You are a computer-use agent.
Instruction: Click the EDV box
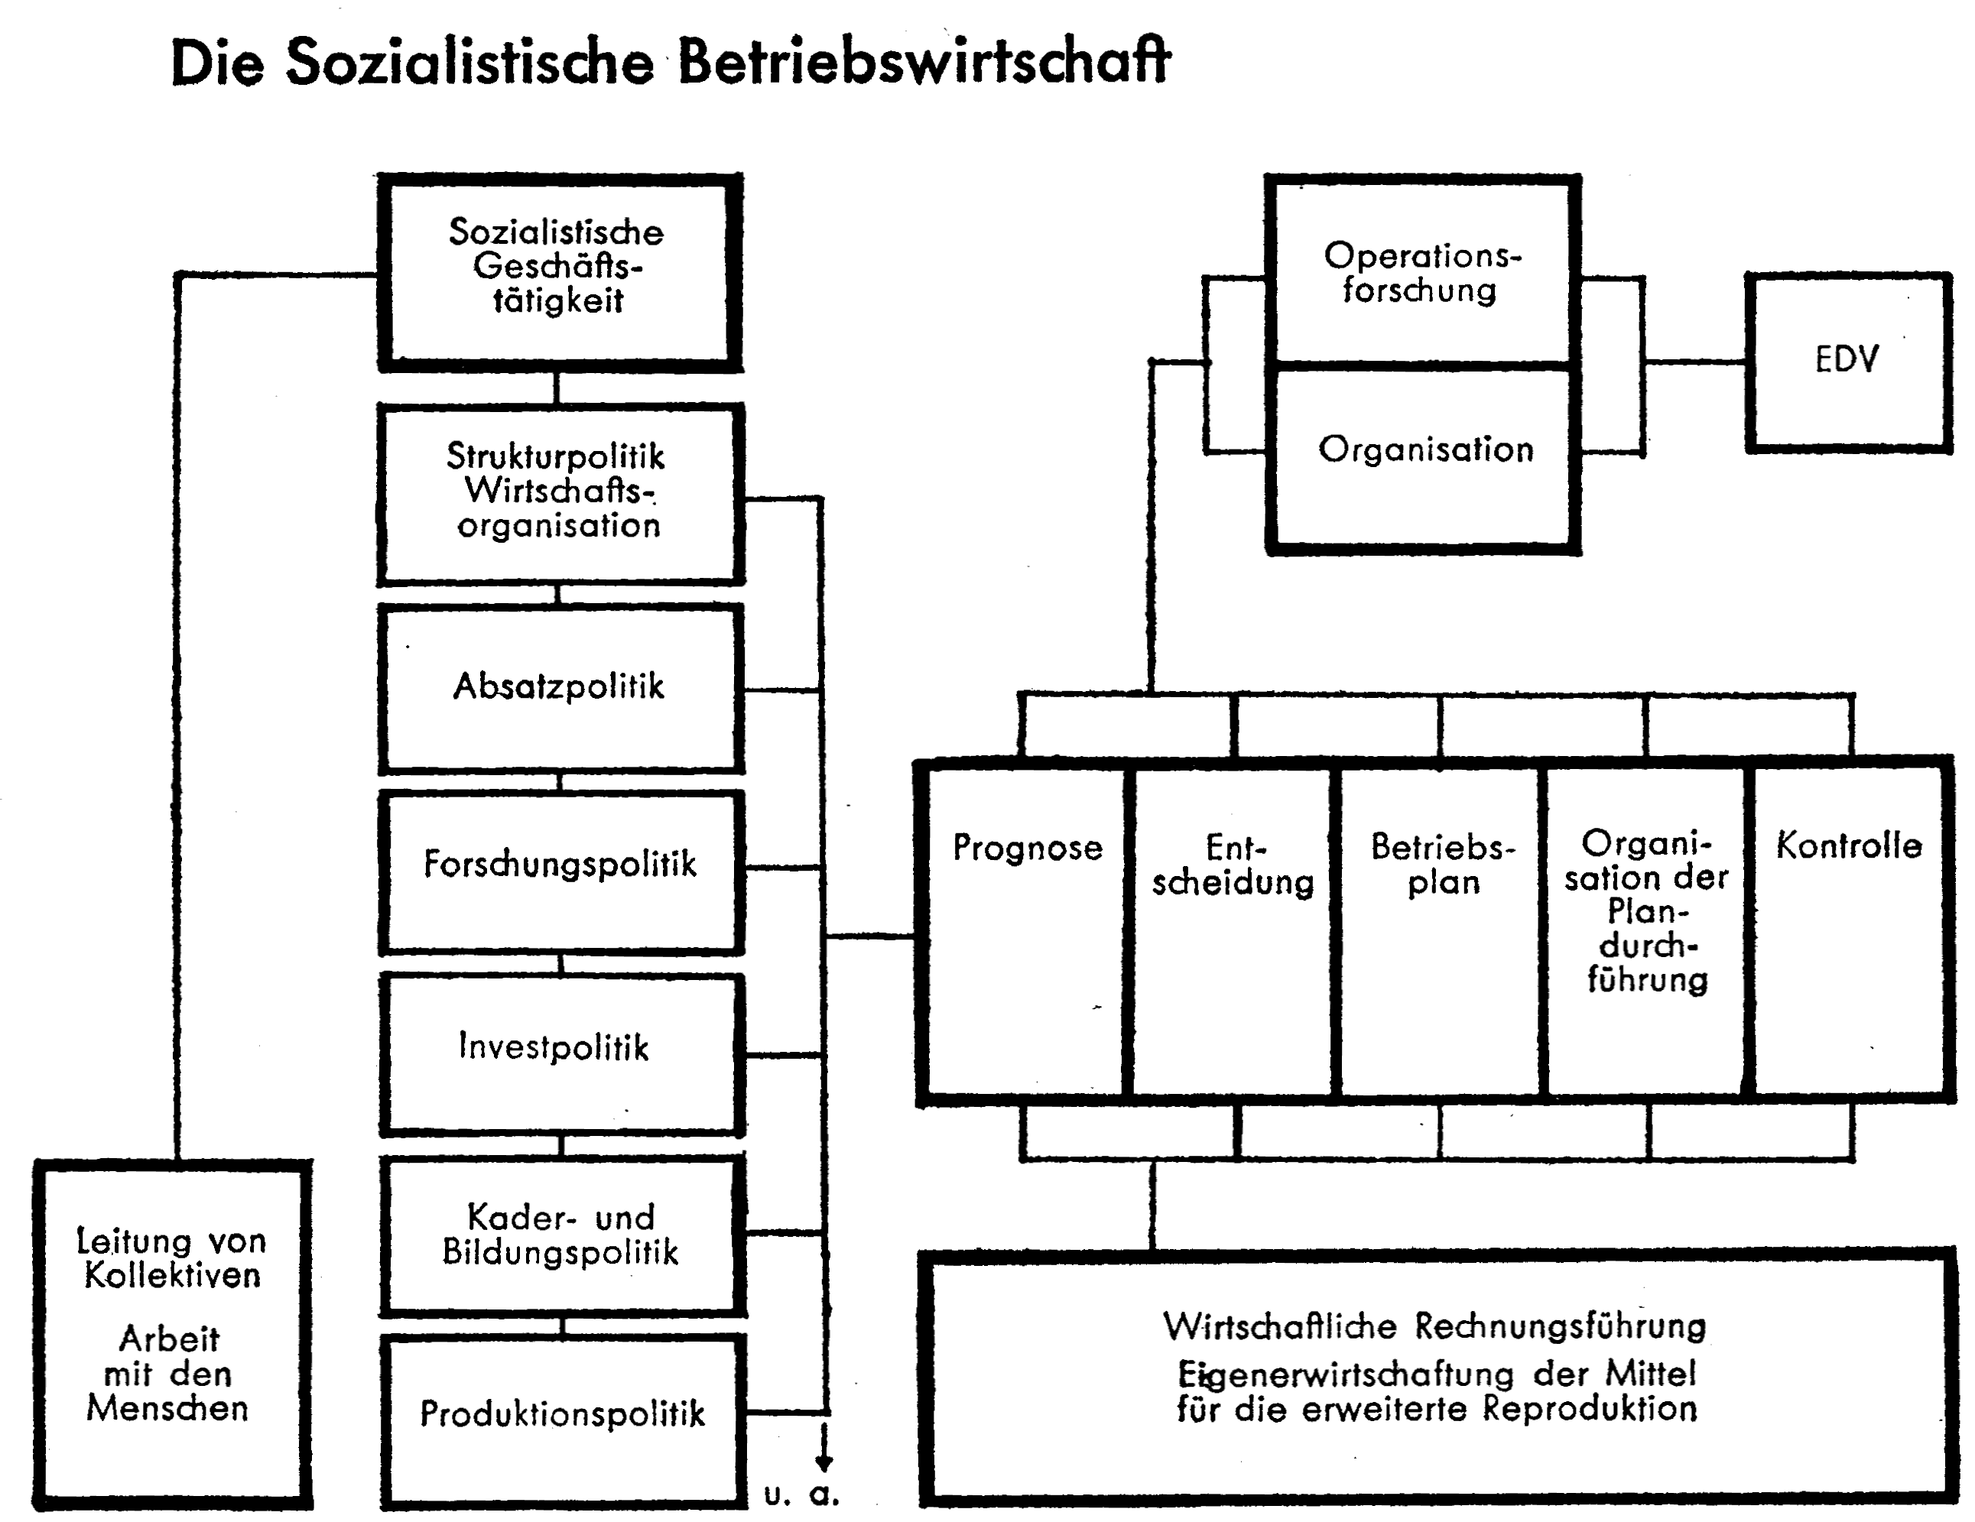click(x=1848, y=362)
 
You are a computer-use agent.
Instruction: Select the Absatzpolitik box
click(x=560, y=688)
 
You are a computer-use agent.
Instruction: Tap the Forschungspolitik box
click(x=560, y=871)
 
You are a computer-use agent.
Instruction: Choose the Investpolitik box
click(x=560, y=1053)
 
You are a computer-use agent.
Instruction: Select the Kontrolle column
click(x=1850, y=931)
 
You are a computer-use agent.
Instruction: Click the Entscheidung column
click(x=1232, y=931)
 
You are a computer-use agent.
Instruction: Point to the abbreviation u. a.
click(x=801, y=1497)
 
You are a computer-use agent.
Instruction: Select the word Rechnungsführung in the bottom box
click(x=1560, y=1326)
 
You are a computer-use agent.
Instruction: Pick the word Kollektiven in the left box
click(x=172, y=1275)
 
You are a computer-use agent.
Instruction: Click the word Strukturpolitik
click(x=555, y=456)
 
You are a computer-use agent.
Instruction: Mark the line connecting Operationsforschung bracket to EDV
click(x=1694, y=362)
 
